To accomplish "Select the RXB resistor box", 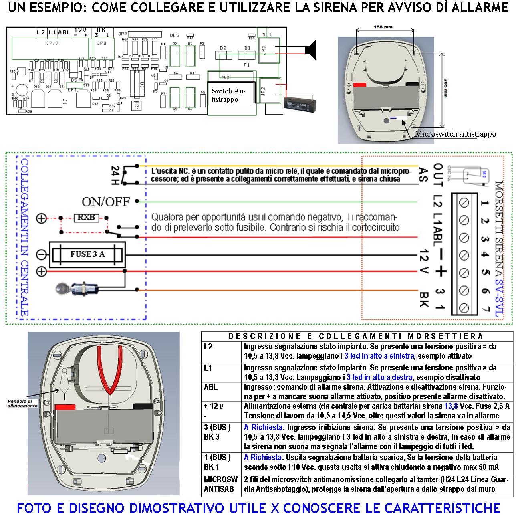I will tap(86, 218).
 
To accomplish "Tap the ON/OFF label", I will tap(106, 201).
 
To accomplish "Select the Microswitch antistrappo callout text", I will tap(455, 134).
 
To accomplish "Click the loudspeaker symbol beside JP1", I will tap(311, 48).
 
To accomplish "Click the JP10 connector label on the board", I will tap(52, 43).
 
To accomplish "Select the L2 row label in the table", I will tap(208, 347).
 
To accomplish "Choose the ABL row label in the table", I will tap(211, 387).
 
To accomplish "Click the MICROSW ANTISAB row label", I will tap(221, 484).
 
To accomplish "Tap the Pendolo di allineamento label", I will tap(23, 403).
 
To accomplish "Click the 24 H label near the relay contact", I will tap(115, 175).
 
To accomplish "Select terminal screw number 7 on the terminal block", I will tap(464, 308).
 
